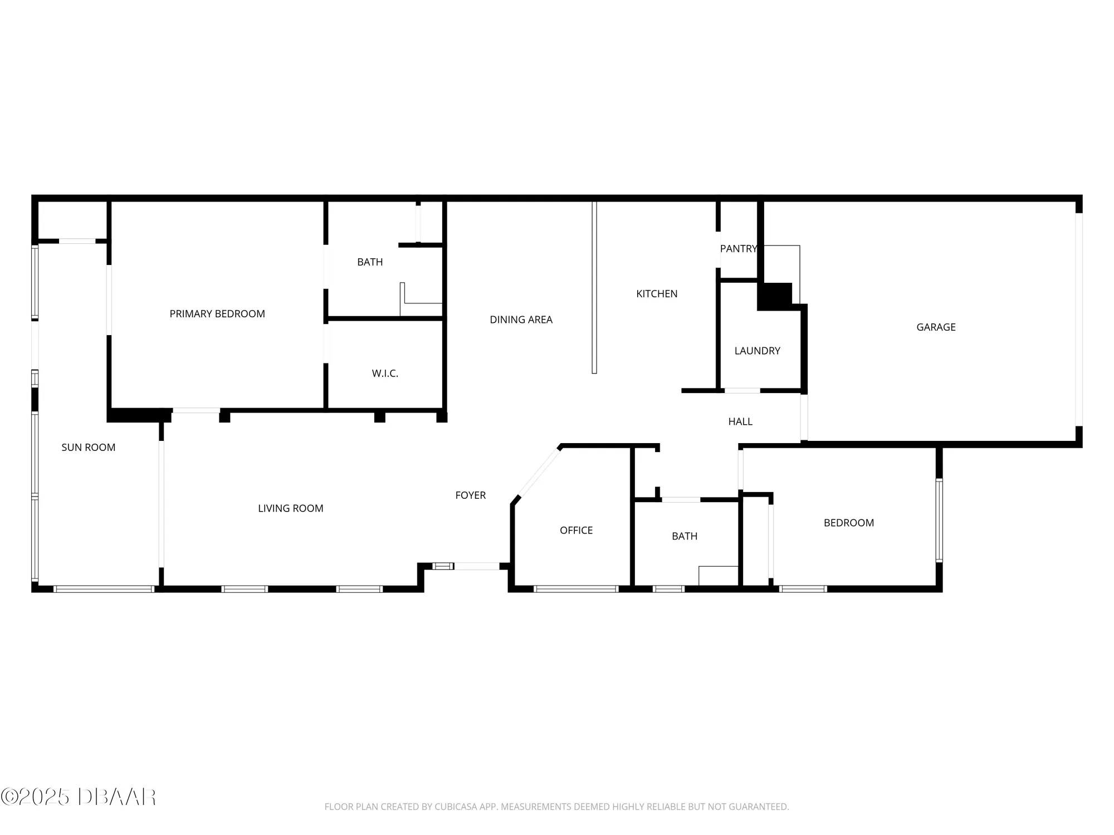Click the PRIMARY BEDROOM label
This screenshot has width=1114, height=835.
click(x=217, y=314)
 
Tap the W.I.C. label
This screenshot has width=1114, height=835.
click(x=385, y=374)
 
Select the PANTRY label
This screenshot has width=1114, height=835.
click(x=739, y=249)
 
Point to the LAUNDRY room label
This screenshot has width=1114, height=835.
click(x=757, y=351)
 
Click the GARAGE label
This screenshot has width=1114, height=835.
click(x=936, y=327)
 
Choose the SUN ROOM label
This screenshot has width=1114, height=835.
click(x=88, y=448)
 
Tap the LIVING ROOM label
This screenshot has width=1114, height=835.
click(x=290, y=508)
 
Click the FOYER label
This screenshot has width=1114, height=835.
click(x=470, y=495)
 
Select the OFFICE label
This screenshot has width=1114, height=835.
click(x=576, y=531)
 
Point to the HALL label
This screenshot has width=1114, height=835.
click(x=740, y=422)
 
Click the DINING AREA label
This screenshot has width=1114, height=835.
click(x=521, y=320)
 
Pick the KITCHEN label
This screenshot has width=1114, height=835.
click(x=657, y=294)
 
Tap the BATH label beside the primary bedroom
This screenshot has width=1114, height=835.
click(x=370, y=262)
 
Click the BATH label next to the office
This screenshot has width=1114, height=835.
click(x=685, y=537)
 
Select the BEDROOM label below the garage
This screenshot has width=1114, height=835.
click(x=848, y=523)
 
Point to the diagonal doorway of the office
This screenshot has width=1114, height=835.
click(x=539, y=473)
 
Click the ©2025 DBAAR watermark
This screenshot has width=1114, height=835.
click(x=79, y=797)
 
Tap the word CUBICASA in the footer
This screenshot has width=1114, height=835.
click(x=459, y=807)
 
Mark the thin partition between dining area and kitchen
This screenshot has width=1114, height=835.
click(x=594, y=287)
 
